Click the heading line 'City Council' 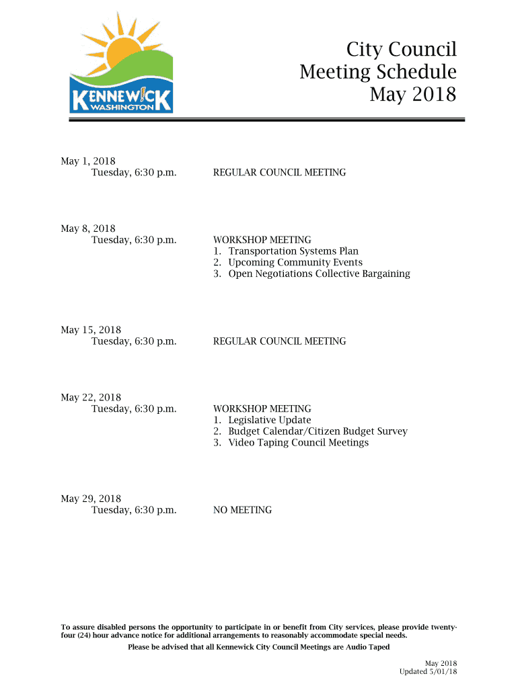401,50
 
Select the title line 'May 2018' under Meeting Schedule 412,95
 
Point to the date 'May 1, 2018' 88,161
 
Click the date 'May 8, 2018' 88,228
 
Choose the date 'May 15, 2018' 91,330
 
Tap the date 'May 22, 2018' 91,398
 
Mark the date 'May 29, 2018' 91,499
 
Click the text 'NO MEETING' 242,510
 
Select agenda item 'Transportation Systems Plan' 293,251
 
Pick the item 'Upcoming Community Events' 295,263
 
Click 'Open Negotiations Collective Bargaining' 319,274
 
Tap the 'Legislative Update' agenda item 269,420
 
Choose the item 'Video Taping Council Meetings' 298,443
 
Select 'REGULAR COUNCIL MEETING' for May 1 279,173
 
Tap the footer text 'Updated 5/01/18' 428,672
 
